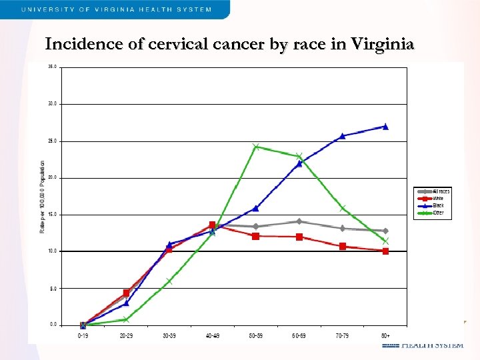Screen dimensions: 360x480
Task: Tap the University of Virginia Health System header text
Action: coord(116,9)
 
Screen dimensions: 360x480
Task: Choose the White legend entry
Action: coord(438,199)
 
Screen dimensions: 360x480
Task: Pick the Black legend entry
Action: coord(438,205)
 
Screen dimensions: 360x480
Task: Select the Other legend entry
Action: coord(438,213)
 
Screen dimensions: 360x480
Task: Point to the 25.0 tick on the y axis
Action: coord(52,141)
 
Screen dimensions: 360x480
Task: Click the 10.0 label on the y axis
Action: coord(52,251)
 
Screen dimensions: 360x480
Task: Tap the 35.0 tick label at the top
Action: coord(52,67)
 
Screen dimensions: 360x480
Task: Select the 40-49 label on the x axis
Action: coord(212,336)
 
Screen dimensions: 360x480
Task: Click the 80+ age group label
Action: coord(385,336)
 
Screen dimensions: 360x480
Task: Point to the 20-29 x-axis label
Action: coord(125,336)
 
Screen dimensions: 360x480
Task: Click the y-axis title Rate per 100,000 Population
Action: coord(43,196)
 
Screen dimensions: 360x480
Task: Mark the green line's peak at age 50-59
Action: coord(255,147)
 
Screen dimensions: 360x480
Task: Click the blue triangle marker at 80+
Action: coord(385,126)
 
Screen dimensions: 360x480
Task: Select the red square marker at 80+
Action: coord(385,251)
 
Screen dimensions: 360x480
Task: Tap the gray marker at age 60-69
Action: coord(299,221)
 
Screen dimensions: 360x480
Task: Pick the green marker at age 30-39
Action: coord(169,281)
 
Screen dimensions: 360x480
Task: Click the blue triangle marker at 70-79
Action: coord(342,136)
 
